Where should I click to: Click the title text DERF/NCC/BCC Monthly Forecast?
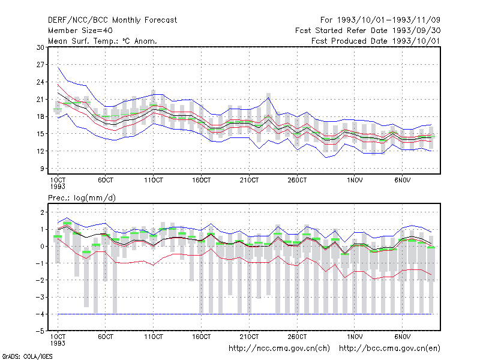(112, 20)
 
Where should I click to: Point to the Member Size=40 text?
(80, 31)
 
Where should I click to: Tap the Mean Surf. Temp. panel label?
(103, 41)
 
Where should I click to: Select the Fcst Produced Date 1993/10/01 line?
(376, 41)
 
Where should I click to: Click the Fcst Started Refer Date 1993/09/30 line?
(368, 31)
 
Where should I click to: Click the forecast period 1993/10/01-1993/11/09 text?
(380, 20)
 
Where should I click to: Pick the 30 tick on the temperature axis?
(40, 47)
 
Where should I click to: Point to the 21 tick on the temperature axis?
(40, 100)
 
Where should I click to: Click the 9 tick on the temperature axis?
(42, 169)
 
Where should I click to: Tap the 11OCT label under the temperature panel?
(154, 181)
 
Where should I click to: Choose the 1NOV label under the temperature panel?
(355, 181)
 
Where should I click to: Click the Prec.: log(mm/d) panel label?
(82, 198)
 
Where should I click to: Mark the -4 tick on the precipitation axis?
(40, 314)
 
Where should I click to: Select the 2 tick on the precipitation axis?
(42, 212)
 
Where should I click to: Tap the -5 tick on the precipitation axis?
(40, 331)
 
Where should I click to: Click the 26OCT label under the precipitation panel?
(297, 337)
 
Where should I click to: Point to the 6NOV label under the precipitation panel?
(402, 337)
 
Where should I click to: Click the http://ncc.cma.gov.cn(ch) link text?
(279, 349)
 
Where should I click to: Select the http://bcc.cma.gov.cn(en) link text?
(389, 349)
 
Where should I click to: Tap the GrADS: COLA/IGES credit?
(27, 356)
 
